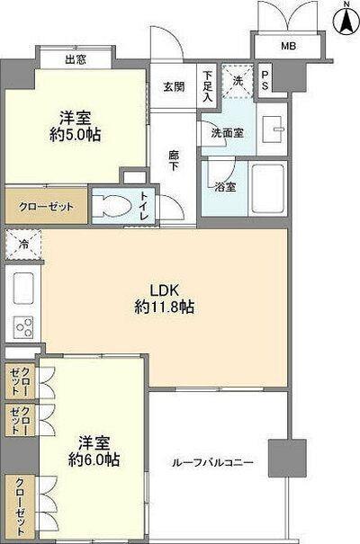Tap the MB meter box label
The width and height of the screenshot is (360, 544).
(288, 46)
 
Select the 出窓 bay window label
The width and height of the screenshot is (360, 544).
(75, 60)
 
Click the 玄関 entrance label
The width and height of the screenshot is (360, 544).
(173, 86)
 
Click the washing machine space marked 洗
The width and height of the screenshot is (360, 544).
(238, 80)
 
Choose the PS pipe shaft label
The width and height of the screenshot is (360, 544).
(265, 80)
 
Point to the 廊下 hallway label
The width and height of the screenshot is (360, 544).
(175, 162)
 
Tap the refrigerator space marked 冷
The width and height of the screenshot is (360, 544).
(22, 243)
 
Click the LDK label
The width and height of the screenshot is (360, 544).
(162, 290)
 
